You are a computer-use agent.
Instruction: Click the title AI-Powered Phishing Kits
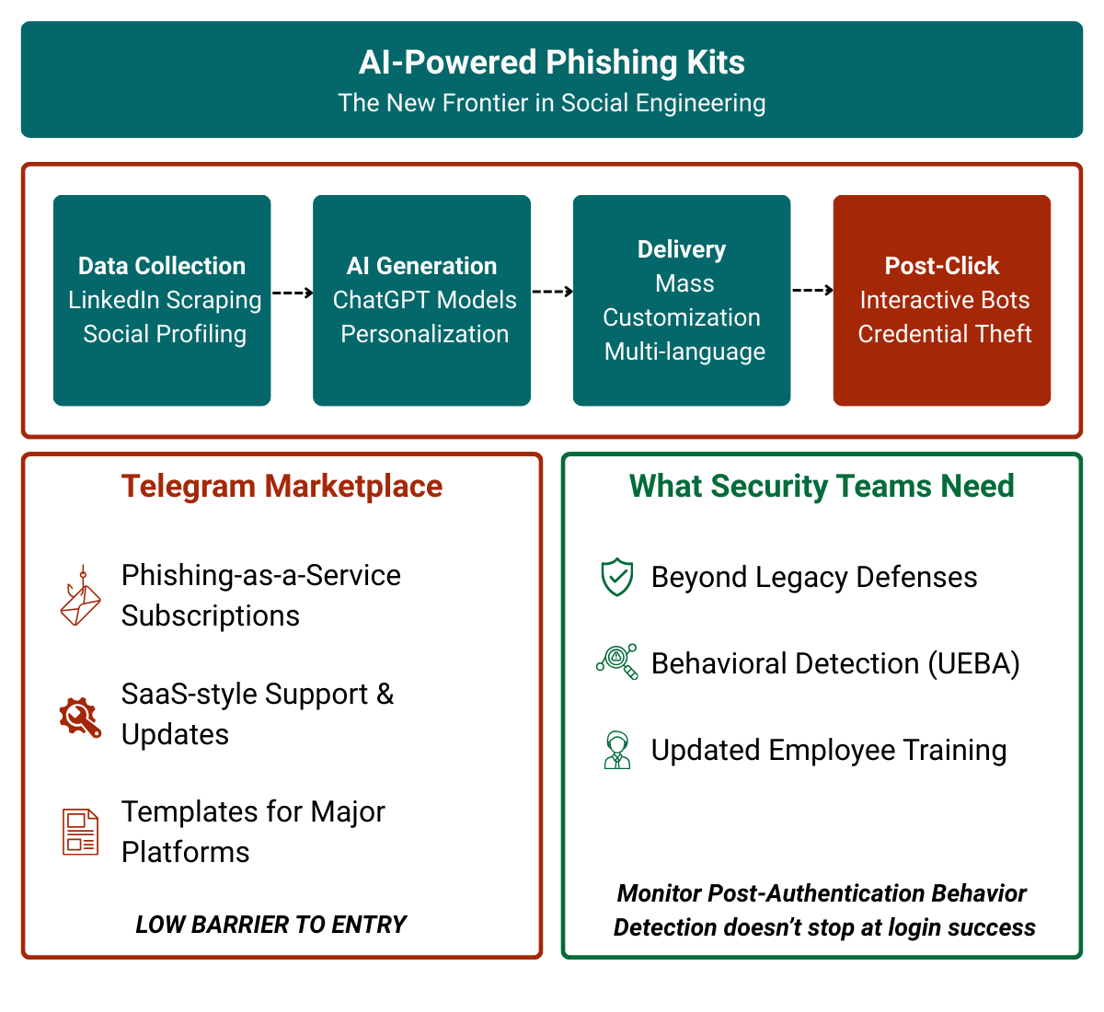tap(551, 63)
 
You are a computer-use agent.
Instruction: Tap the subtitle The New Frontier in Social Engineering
tap(551, 103)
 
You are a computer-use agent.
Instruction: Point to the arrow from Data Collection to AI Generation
tap(293, 293)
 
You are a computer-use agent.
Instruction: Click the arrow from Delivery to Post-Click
tap(812, 291)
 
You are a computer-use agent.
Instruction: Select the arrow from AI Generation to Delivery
tap(552, 292)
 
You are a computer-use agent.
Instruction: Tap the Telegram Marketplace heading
tap(282, 486)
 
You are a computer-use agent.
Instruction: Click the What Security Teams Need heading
tap(822, 486)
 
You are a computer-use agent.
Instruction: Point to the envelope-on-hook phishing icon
tap(80, 596)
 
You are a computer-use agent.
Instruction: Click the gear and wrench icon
tap(80, 716)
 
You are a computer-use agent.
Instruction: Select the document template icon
tap(80, 832)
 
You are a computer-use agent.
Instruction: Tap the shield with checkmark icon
tap(616, 578)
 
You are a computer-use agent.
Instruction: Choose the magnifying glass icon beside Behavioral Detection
tap(617, 661)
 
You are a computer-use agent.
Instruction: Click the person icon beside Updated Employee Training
tap(616, 750)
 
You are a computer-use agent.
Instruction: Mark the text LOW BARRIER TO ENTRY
tap(270, 925)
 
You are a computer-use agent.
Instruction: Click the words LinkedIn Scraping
tap(165, 300)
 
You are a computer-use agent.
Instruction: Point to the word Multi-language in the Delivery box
tap(684, 351)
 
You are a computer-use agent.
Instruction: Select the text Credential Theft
tap(945, 334)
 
